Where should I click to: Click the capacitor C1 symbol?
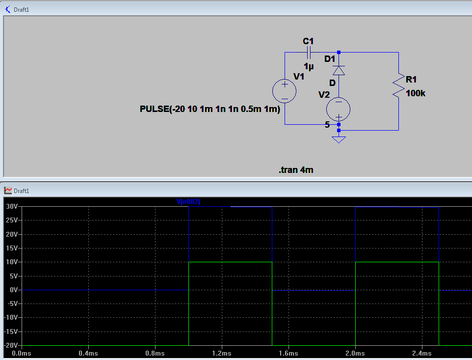pos(309,53)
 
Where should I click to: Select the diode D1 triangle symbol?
pos(339,70)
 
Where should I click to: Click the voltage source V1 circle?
pos(285,91)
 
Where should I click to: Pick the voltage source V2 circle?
pos(339,109)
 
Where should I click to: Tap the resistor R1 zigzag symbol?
pos(399,85)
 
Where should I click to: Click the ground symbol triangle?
pos(339,139)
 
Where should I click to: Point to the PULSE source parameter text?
pos(210,109)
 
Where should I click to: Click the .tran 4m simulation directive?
pos(296,170)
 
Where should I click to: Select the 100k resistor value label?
pos(416,93)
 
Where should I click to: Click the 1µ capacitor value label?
pos(309,66)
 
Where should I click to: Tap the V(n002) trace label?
pos(188,201)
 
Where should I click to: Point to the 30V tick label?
pos(12,206)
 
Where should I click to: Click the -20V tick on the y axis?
pos(11,345)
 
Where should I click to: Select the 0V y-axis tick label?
pos(14,290)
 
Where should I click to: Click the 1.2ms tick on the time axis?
pos(222,354)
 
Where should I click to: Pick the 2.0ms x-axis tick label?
pos(355,354)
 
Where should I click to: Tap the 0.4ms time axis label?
pos(88,354)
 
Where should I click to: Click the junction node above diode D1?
pos(339,53)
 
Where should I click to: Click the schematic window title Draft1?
pos(22,10)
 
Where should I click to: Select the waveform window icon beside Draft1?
pos(8,191)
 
